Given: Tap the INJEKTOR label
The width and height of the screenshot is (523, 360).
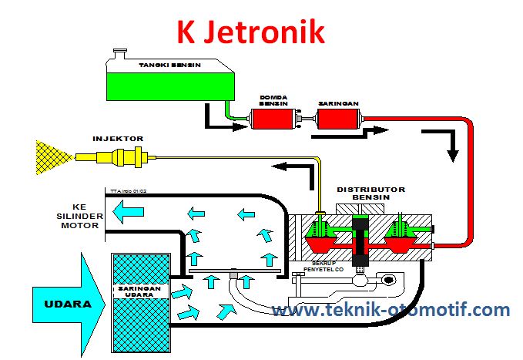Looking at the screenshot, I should click(118, 139).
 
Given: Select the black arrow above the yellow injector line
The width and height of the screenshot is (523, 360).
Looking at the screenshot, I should click(293, 166).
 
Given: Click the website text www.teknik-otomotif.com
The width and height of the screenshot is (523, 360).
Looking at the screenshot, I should click(391, 310).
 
